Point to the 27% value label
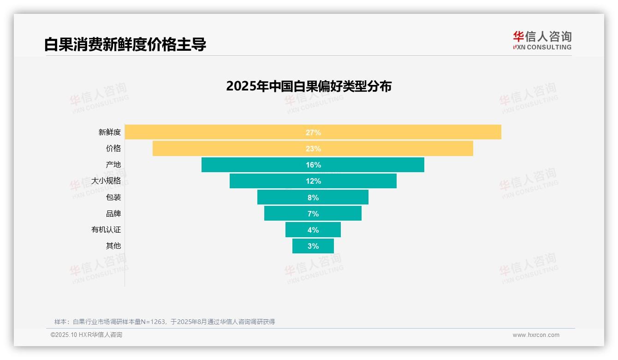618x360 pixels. (313, 132)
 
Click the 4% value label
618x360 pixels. (313, 230)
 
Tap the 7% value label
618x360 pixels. (313, 214)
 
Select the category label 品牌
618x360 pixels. (113, 214)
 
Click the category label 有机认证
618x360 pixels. (106, 230)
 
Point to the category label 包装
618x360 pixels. (113, 197)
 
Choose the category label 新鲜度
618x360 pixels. (110, 132)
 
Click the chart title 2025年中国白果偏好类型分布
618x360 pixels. (309, 86)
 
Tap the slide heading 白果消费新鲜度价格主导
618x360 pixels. (125, 44)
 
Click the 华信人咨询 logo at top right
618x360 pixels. (542, 40)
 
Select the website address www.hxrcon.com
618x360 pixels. (536, 335)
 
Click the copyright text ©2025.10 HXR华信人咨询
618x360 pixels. (86, 335)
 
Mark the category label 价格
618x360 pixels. (113, 149)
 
